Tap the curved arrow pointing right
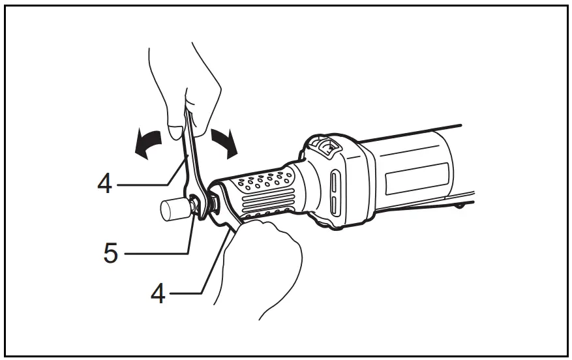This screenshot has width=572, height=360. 226,140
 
